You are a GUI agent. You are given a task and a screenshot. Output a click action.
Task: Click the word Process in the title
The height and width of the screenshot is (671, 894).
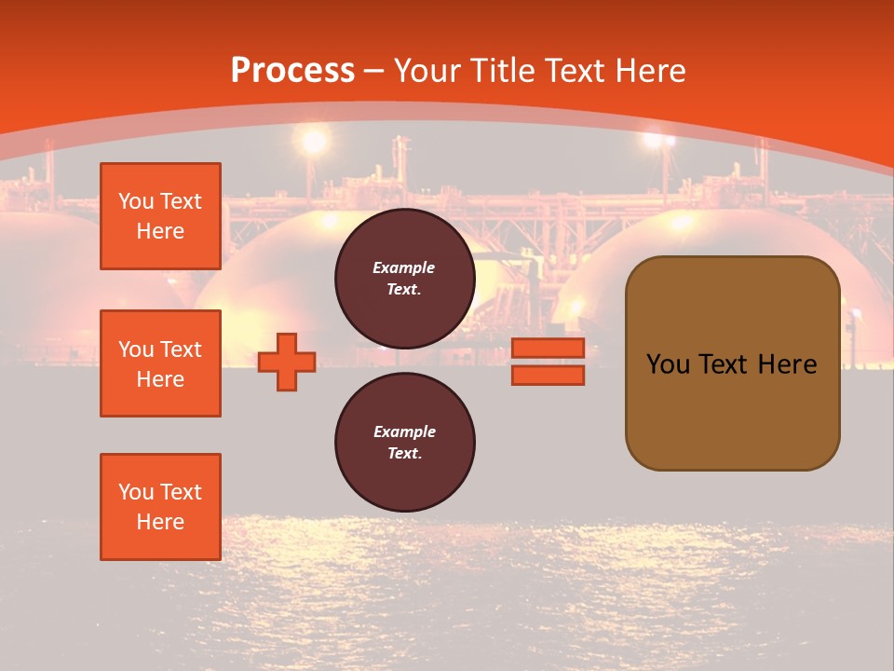pyautogui.click(x=292, y=71)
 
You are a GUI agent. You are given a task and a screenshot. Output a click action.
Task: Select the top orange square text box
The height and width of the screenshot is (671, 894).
pyautogui.click(x=160, y=216)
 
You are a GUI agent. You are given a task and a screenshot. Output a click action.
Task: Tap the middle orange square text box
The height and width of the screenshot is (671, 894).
pyautogui.click(x=160, y=363)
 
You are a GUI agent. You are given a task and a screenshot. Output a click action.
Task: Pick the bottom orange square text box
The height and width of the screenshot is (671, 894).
pyautogui.click(x=160, y=507)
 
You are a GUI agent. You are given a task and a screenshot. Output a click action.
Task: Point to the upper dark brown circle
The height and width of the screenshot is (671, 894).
pyautogui.click(x=404, y=279)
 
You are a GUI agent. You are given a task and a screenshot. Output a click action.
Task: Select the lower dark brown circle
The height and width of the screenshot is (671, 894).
pyautogui.click(x=404, y=443)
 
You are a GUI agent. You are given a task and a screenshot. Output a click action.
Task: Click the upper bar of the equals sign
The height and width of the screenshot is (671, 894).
pyautogui.click(x=548, y=349)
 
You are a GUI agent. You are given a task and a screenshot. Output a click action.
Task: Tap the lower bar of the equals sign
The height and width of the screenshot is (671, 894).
pyautogui.click(x=548, y=376)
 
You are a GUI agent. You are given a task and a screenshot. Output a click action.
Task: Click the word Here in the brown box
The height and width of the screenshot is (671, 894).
pyautogui.click(x=787, y=364)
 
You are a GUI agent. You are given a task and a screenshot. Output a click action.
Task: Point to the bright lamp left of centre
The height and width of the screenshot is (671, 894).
pyautogui.click(x=315, y=141)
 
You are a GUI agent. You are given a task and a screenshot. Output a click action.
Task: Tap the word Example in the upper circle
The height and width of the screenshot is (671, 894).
pyautogui.click(x=404, y=268)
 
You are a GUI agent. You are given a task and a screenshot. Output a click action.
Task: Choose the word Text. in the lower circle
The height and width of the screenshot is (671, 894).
pyautogui.click(x=404, y=454)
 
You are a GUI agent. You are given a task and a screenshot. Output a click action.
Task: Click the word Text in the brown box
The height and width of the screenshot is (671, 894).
pyautogui.click(x=724, y=364)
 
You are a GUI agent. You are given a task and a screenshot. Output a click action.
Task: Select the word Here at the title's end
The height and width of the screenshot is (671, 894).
pyautogui.click(x=652, y=71)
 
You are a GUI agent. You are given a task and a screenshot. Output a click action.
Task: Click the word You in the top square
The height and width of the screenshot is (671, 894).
pyautogui.click(x=136, y=201)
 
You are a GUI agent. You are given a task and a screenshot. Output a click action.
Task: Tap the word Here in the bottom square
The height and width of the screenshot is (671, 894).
pyautogui.click(x=160, y=522)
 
